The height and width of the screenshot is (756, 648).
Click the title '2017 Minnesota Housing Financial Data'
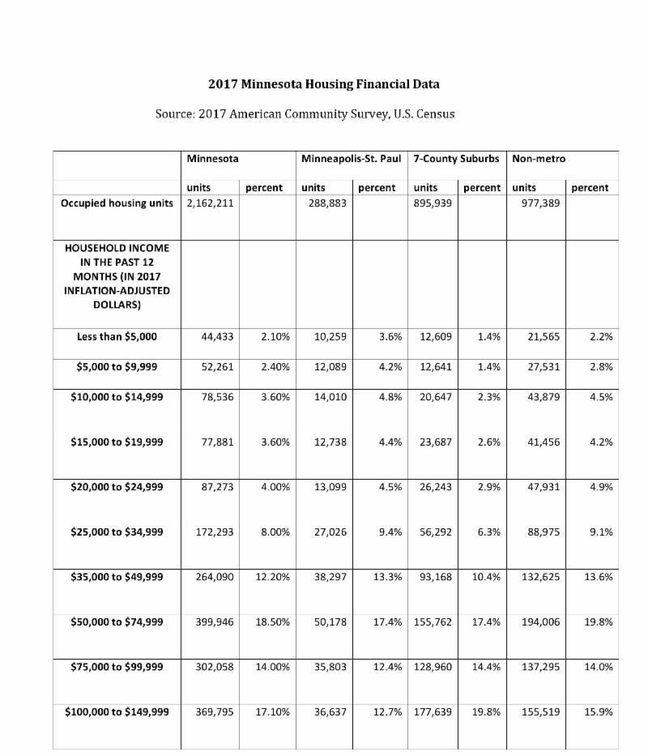(x=323, y=83)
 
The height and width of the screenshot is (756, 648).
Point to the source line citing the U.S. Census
(x=305, y=113)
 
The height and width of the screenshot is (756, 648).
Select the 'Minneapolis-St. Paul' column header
(x=351, y=159)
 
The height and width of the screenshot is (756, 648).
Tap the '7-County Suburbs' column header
(x=456, y=159)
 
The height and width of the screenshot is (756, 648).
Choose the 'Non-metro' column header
(x=539, y=159)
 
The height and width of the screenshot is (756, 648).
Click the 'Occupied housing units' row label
(x=117, y=203)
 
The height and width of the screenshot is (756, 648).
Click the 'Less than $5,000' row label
(x=117, y=336)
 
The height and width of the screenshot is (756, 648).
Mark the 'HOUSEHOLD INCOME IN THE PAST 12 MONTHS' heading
(x=117, y=275)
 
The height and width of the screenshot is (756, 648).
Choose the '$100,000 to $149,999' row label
(x=117, y=711)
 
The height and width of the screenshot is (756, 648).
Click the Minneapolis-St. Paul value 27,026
(x=330, y=532)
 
